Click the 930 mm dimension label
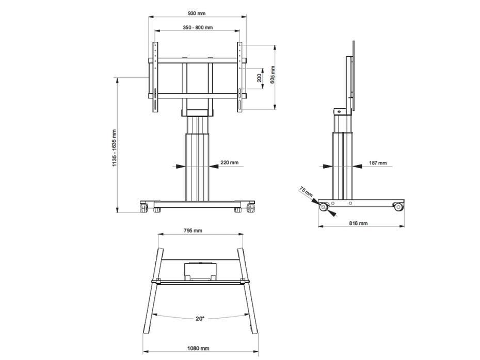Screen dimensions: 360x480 [x=197, y=13]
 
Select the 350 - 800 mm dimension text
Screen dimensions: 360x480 [x=197, y=27]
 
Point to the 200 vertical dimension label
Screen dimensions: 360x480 [x=259, y=77]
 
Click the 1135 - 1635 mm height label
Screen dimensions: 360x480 [x=115, y=148]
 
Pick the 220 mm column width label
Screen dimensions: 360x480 [x=229, y=162]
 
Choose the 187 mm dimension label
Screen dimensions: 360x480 [x=377, y=162]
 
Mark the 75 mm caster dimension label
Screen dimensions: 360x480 [x=306, y=193]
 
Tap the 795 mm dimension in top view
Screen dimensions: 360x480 [x=193, y=231]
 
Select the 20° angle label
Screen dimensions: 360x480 [x=200, y=318]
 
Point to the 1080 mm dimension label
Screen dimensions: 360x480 [x=199, y=349]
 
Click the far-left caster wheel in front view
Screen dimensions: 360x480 [x=143, y=208]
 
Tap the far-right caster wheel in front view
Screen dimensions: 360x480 [x=251, y=208]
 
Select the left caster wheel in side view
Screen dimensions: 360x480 [x=324, y=207]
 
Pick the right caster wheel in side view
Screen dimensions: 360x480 [x=398, y=207]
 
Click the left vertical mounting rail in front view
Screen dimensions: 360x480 [x=155, y=76]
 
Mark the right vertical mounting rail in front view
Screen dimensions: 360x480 [x=239, y=76]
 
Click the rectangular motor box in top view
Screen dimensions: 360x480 [x=199, y=271]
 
